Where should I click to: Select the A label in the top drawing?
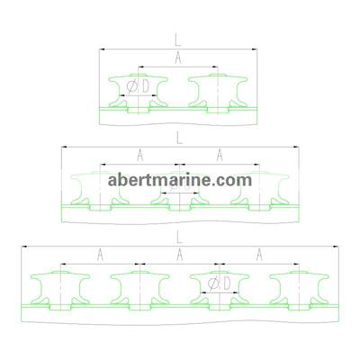pos(178,57)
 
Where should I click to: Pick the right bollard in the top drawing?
pos(217,93)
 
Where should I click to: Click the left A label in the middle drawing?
pos(139,155)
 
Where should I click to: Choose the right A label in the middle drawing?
pos(220,155)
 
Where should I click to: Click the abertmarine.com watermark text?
pos(179,180)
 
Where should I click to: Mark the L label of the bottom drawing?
pos(179,236)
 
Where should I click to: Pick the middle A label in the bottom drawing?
pos(179,254)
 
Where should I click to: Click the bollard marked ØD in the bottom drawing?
pos(219,297)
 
